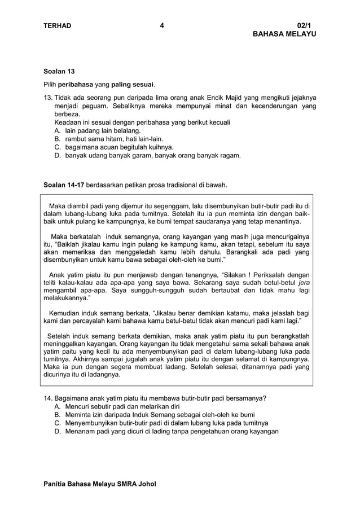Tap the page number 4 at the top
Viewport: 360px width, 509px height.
pyautogui.click(x=162, y=25)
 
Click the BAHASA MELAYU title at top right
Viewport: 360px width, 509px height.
pyautogui.click(x=284, y=34)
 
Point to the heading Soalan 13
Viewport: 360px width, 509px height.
pyautogui.click(x=59, y=72)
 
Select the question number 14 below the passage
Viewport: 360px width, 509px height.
pyautogui.click(x=48, y=398)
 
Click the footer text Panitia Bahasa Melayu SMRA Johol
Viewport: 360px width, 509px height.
pyautogui.click(x=100, y=484)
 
